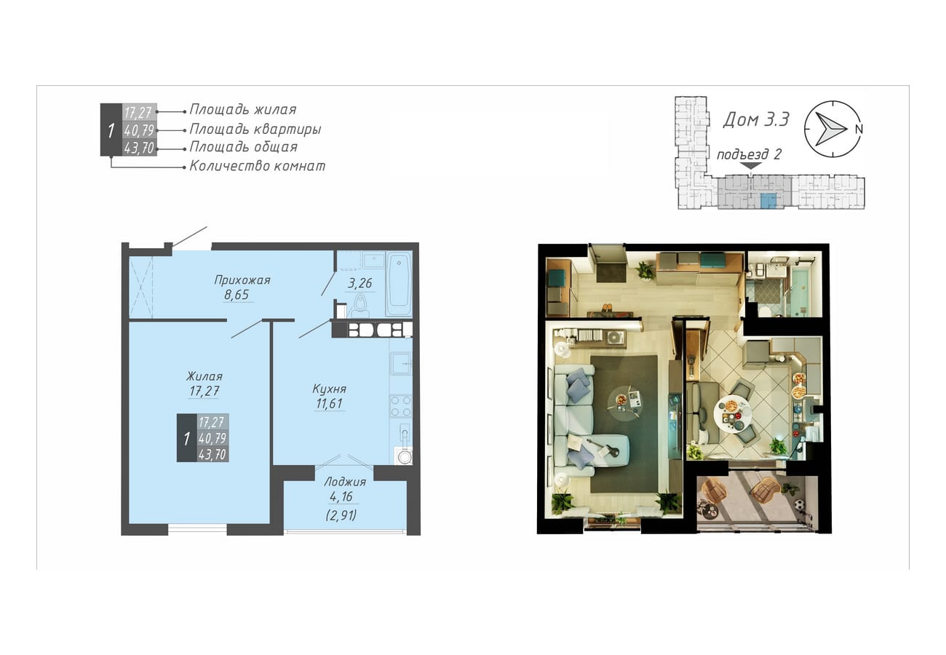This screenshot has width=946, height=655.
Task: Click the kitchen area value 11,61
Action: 330,404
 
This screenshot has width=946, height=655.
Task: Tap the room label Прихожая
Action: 242,280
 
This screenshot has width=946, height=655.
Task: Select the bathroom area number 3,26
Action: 359,283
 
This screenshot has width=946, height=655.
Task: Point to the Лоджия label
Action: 345,482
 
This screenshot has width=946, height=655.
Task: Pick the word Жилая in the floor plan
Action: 204,376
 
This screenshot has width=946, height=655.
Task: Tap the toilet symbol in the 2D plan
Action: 359,306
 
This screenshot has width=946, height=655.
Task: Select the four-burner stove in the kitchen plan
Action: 401,406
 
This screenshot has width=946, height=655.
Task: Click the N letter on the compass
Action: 859,130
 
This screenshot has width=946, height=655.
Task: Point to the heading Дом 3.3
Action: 756,119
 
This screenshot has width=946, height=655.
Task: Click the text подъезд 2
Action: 749,154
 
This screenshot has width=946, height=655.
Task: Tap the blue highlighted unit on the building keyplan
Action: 768,202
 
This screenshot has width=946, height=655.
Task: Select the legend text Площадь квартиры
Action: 255,129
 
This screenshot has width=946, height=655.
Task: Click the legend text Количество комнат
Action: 257,165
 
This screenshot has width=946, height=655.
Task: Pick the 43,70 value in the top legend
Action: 140,148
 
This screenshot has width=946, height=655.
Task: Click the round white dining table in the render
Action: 734,413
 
